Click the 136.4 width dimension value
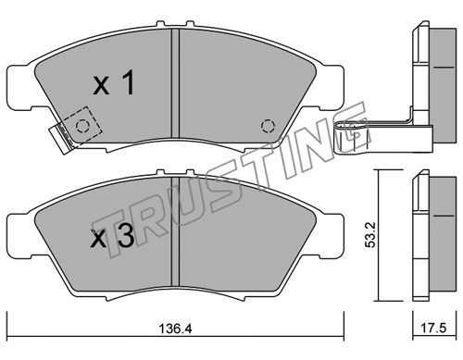click(x=175, y=329)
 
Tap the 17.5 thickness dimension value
click(x=434, y=328)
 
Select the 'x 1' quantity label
click(x=114, y=82)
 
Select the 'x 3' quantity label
click(x=112, y=236)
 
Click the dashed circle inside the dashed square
click(x=82, y=126)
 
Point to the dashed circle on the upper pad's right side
click(x=268, y=126)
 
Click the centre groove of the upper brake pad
click(x=175, y=82)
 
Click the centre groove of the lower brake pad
click(x=175, y=230)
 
